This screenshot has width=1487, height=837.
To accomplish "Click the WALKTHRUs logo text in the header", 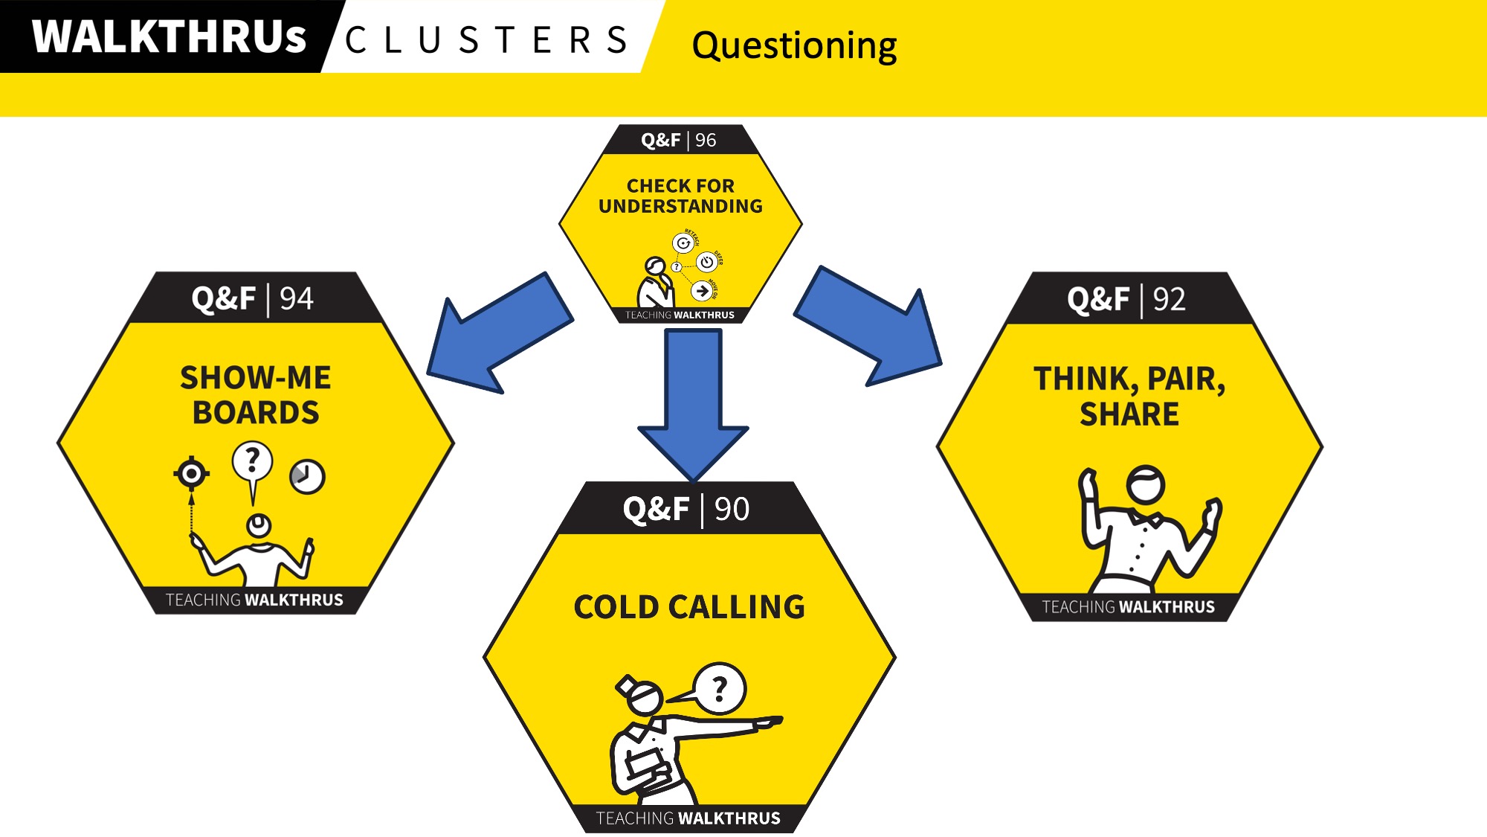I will pos(169,36).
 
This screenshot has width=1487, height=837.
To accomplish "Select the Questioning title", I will pos(794,45).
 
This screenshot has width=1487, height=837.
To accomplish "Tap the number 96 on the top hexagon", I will pos(706,140).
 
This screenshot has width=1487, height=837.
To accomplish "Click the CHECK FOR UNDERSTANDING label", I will pos(680,196).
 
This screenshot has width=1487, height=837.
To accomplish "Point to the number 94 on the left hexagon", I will pos(297,299).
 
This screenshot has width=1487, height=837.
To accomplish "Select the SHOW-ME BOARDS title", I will pos(256,395).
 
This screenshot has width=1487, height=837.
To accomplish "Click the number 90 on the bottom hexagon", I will pos(732,510).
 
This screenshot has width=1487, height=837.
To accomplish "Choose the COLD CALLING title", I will pos(689,607).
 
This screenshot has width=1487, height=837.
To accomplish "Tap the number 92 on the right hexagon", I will pos(1169,299).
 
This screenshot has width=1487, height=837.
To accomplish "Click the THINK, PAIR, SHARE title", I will pos(1129,397).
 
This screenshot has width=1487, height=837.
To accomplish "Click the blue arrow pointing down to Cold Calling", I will pos(693,402).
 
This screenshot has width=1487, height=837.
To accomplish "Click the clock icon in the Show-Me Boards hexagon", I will pos(307,476).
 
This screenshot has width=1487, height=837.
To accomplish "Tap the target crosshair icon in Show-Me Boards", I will pos(192,472).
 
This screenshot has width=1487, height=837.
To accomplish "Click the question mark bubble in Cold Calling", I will pos(719,688).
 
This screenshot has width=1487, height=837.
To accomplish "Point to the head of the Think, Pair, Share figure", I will pos(1145,484).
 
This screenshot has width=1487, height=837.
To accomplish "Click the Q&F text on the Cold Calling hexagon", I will pos(656,510).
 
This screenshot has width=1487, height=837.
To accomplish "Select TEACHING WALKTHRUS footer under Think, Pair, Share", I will pos(1128,607).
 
